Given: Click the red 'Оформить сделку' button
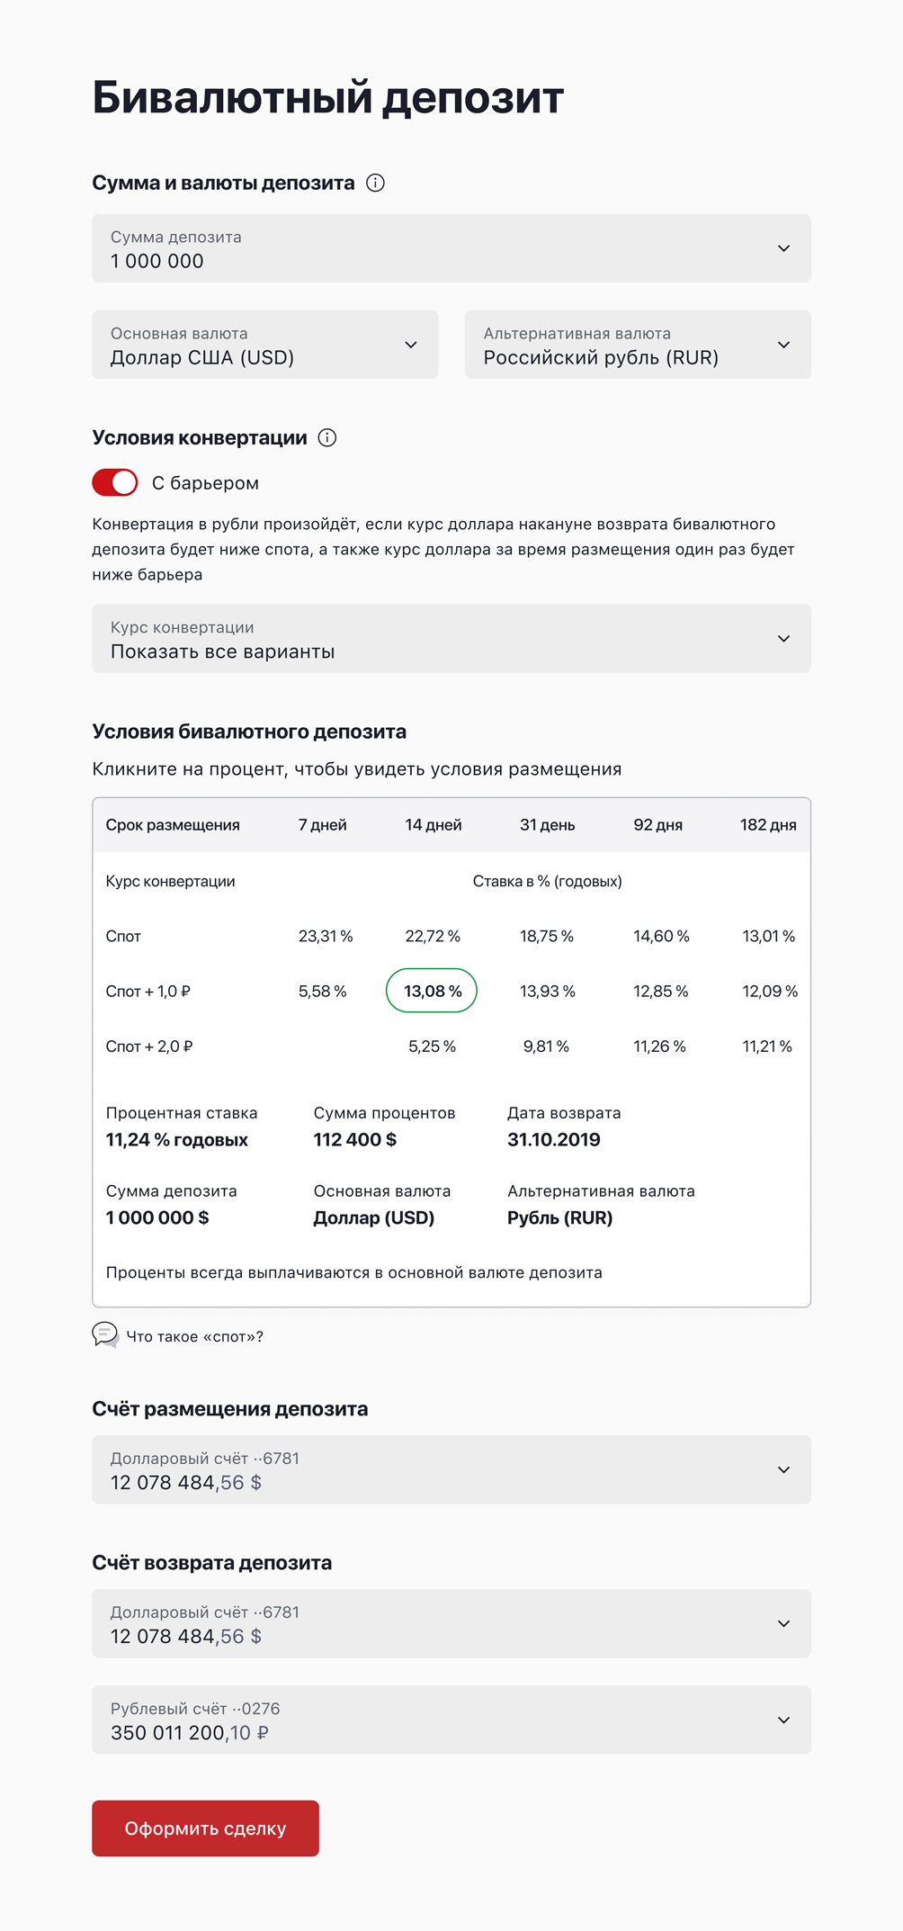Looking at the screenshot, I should point(205,1828).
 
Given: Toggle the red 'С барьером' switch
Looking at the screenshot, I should point(115,482).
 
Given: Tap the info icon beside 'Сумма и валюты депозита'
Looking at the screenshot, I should point(376,183).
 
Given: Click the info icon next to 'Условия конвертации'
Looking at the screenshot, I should point(327,437).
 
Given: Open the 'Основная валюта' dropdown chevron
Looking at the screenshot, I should point(411,345).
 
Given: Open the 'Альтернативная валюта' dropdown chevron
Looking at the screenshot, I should point(783,345).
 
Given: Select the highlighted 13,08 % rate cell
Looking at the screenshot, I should point(432,991).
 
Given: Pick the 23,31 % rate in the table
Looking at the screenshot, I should point(326,936).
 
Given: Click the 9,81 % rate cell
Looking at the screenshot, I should point(546,1046).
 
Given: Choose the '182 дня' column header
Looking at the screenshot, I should point(768,824).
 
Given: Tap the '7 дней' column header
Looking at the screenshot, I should point(323,824).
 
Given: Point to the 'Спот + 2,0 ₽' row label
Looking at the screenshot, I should point(149,1046).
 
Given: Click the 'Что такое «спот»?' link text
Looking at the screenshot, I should point(195,1336).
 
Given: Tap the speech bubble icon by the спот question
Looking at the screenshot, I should point(105,1334).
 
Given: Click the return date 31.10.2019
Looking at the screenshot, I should point(554,1139).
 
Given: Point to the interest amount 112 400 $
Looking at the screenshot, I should point(355,1139).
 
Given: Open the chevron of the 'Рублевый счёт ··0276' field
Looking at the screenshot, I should point(783,1720).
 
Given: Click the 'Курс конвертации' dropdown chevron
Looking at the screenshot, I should point(783,638).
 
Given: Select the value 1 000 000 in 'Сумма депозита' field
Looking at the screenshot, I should point(157,261).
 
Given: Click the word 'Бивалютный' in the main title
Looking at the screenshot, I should point(232,97).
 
